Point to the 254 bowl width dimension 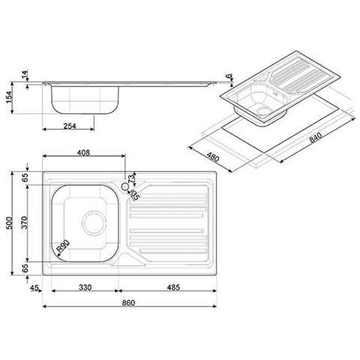(70, 124)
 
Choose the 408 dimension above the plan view (83, 153)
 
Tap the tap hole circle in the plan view (122, 183)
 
